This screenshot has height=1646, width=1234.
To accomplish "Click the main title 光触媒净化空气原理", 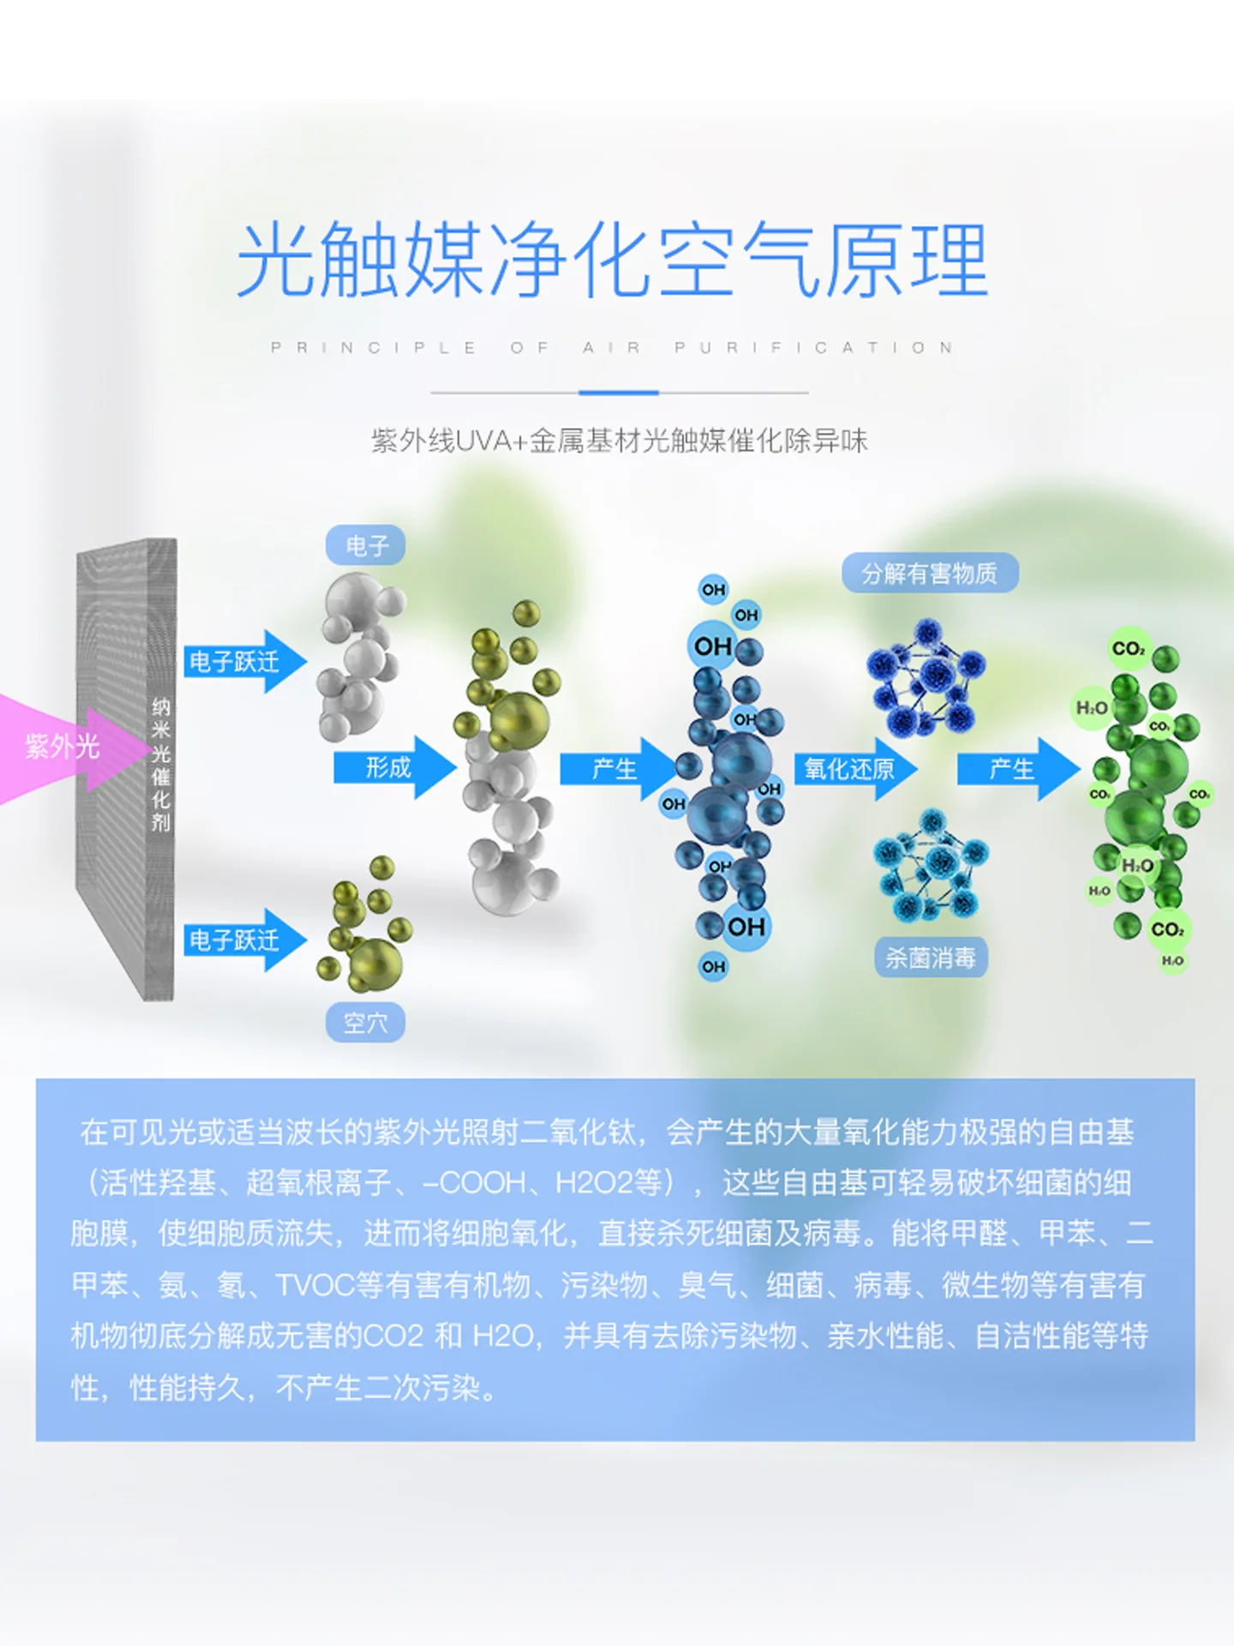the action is pyautogui.click(x=613, y=260).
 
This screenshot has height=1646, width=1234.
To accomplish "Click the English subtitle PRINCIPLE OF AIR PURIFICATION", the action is pyautogui.click(x=613, y=347).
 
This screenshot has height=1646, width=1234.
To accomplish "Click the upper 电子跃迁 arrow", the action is pyautogui.click(x=245, y=661).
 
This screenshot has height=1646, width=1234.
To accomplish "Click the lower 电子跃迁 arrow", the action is pyautogui.click(x=245, y=940).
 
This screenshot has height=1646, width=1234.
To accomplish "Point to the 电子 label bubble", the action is pyautogui.click(x=366, y=545).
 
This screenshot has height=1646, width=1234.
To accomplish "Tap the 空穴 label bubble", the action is pyautogui.click(x=365, y=1022).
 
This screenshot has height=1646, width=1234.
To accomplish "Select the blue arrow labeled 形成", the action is pyautogui.click(x=395, y=767).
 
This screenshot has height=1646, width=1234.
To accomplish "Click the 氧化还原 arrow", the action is pyautogui.click(x=855, y=769).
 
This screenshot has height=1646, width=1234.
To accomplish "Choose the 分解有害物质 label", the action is pyautogui.click(x=930, y=573).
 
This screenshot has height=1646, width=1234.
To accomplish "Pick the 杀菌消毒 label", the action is pyautogui.click(x=931, y=957).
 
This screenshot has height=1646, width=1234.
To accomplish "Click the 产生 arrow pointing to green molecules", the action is pyautogui.click(x=1018, y=769).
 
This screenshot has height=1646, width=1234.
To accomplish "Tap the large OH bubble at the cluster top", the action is pyautogui.click(x=713, y=646).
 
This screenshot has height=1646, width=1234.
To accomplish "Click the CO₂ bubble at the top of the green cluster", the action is pyautogui.click(x=1129, y=649).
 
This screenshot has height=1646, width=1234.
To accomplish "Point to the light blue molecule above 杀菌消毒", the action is pyautogui.click(x=931, y=866).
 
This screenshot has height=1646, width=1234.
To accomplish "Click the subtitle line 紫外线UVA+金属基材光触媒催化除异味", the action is pyautogui.click(x=619, y=441).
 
